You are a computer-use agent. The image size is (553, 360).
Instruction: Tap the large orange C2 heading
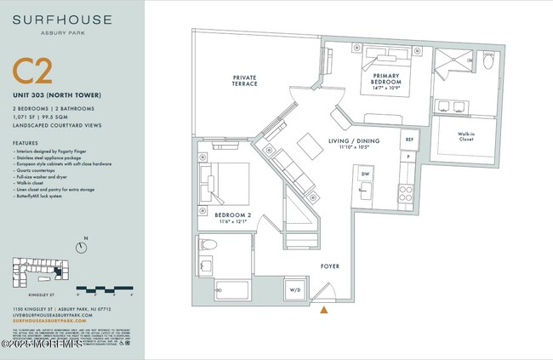(32, 73)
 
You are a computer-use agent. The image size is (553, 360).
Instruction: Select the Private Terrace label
(245, 82)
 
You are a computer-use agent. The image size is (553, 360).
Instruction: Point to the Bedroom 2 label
(232, 216)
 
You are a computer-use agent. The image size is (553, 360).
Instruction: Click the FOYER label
(330, 266)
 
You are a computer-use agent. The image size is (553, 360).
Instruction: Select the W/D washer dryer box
(295, 289)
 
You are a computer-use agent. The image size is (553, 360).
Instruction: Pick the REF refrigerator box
(409, 138)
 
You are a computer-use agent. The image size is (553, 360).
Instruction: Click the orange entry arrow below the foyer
(322, 309)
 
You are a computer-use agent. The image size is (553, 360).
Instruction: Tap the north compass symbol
(80, 248)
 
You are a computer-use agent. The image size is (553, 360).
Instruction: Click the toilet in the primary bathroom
(488, 61)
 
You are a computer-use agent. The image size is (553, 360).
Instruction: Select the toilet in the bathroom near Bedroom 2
(208, 245)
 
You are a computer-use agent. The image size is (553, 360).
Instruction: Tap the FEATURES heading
(25, 142)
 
